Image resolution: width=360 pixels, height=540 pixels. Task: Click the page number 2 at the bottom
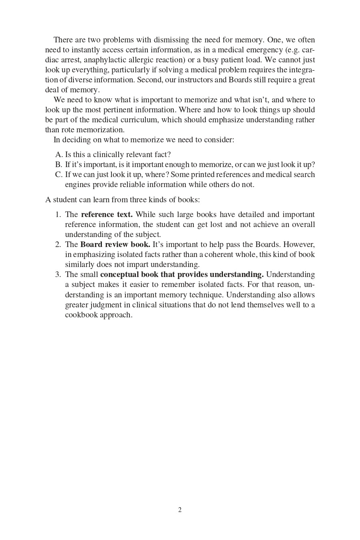(x=180, y=510)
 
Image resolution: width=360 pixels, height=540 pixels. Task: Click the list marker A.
(x=59, y=155)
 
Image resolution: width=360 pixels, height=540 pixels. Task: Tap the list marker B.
(x=59, y=165)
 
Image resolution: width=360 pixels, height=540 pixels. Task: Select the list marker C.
(x=59, y=175)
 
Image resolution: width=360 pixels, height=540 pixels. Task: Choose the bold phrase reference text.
(x=107, y=215)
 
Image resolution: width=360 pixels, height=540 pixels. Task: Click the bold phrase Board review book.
(x=115, y=245)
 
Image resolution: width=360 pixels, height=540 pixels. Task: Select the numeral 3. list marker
(x=58, y=275)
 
